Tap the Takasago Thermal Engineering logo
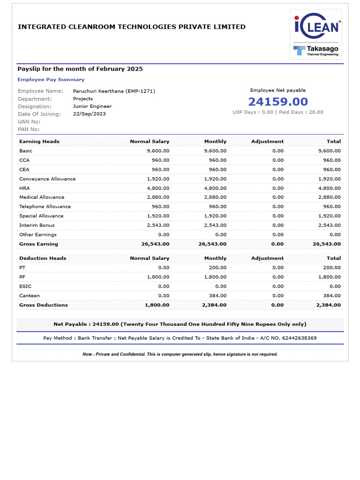tap(315, 50)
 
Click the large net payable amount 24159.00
tap(278, 102)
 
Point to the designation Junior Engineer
tap(92, 106)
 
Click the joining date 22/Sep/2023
tap(90, 114)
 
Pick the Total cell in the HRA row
tap(330, 188)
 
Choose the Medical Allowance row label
tap(42, 197)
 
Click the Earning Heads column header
tap(39, 141)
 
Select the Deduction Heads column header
tap(43, 258)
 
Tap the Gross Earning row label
tap(38, 244)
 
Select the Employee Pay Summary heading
tap(51, 80)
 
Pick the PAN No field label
tap(29, 129)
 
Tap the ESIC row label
tap(25, 286)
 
